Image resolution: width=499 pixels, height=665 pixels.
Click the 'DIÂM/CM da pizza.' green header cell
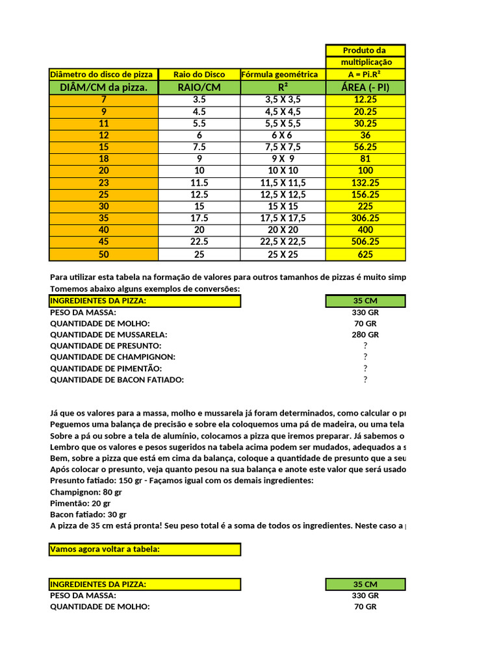coord(103,87)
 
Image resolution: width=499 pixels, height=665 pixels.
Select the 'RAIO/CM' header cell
coord(199,87)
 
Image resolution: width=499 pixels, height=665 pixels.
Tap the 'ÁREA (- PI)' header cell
coord(365,87)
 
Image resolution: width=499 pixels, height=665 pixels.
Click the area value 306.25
coord(365,218)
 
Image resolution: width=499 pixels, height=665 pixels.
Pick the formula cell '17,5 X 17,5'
coord(283,218)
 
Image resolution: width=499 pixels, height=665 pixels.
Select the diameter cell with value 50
coord(103,254)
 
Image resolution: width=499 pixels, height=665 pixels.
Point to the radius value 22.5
coord(199,242)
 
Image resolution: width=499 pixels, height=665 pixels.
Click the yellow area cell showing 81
coord(365,159)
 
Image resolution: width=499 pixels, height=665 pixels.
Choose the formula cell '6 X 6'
coord(283,135)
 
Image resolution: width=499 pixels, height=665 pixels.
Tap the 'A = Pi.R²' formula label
coord(365,74)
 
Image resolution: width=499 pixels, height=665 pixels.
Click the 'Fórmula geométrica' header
coord(283,74)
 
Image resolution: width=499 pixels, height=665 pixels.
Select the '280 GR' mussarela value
coord(365,334)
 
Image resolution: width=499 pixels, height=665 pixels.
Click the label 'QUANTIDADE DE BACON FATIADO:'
coord(117,379)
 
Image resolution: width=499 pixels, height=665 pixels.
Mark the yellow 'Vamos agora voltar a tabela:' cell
coord(145,549)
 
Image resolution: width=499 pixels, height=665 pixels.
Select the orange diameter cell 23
coord(103,183)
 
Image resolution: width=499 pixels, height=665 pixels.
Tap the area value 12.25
coord(365,100)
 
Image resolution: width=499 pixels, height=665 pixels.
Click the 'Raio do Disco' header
coord(199,74)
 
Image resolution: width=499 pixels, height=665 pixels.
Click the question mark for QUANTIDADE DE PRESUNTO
coord(365,345)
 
